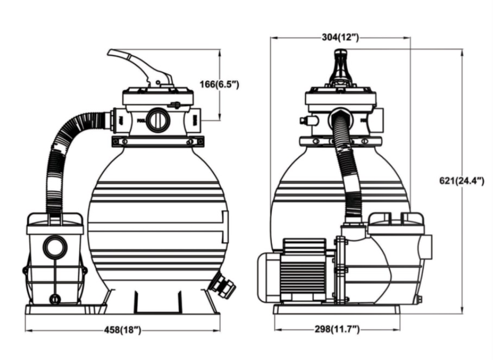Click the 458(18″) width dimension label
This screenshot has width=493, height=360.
tap(123, 330)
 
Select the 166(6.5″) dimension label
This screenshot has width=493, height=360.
tap(219, 84)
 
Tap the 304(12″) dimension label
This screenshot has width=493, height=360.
tap(340, 37)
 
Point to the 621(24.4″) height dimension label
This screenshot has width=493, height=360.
tap(462, 181)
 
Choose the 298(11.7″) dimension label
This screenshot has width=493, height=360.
tap(337, 329)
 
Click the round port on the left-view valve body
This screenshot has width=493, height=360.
tap(158, 120)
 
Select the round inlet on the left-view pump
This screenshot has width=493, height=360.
tap(55, 246)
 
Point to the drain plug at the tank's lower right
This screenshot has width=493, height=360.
tap(224, 284)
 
